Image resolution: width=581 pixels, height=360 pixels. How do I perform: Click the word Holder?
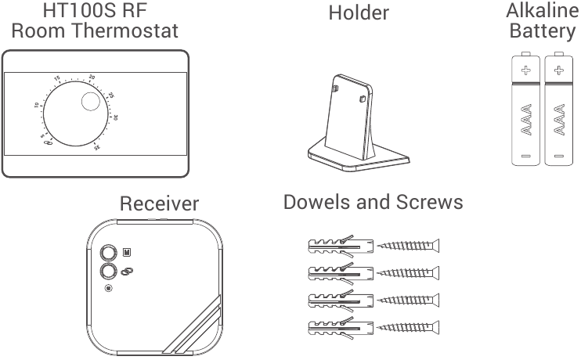[358, 13]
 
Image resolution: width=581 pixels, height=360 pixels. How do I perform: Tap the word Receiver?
[159, 204]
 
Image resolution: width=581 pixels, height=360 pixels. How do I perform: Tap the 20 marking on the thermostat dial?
[92, 77]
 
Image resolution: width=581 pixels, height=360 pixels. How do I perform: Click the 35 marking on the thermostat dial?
[97, 146]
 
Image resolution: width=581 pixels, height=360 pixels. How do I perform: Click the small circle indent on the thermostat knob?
[91, 103]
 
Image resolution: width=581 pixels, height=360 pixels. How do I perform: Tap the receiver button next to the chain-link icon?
[107, 271]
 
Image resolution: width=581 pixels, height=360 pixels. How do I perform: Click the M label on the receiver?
[127, 252]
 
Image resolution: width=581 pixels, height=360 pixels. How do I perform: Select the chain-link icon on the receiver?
[126, 271]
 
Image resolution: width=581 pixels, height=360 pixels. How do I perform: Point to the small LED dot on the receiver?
[108, 289]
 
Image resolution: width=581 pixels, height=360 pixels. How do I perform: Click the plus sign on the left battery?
[526, 70]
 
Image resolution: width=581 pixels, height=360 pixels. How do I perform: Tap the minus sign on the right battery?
[558, 157]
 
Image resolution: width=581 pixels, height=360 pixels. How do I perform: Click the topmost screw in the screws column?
[408, 247]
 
